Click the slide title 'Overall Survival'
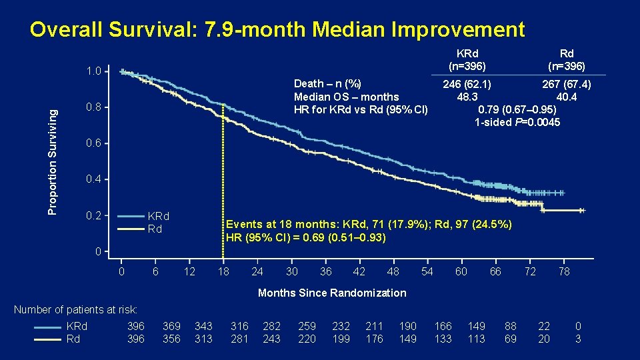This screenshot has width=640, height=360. pos(277,30)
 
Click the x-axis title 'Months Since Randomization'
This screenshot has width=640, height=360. pos(331,293)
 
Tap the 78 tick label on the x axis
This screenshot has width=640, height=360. pos(563,271)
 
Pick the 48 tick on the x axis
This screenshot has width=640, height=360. pos(393,271)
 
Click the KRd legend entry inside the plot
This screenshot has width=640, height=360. pos(158,216)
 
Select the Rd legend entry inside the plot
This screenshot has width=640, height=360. pos(154,229)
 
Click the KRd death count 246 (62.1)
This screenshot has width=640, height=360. pos(467,84)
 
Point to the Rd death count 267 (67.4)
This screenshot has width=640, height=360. pos(565,84)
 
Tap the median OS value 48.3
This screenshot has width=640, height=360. pos(467,97)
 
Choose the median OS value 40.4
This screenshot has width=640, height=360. pos(566,97)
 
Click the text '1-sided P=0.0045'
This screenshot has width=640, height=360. pos(517,122)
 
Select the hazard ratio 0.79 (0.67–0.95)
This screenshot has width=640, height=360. pos(518,109)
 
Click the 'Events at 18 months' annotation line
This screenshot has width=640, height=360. pos(369,225)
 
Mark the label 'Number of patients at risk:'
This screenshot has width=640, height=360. pos(75,309)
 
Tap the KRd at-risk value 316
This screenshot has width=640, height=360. pos(239,326)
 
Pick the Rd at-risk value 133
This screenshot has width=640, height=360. pos(443,339)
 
